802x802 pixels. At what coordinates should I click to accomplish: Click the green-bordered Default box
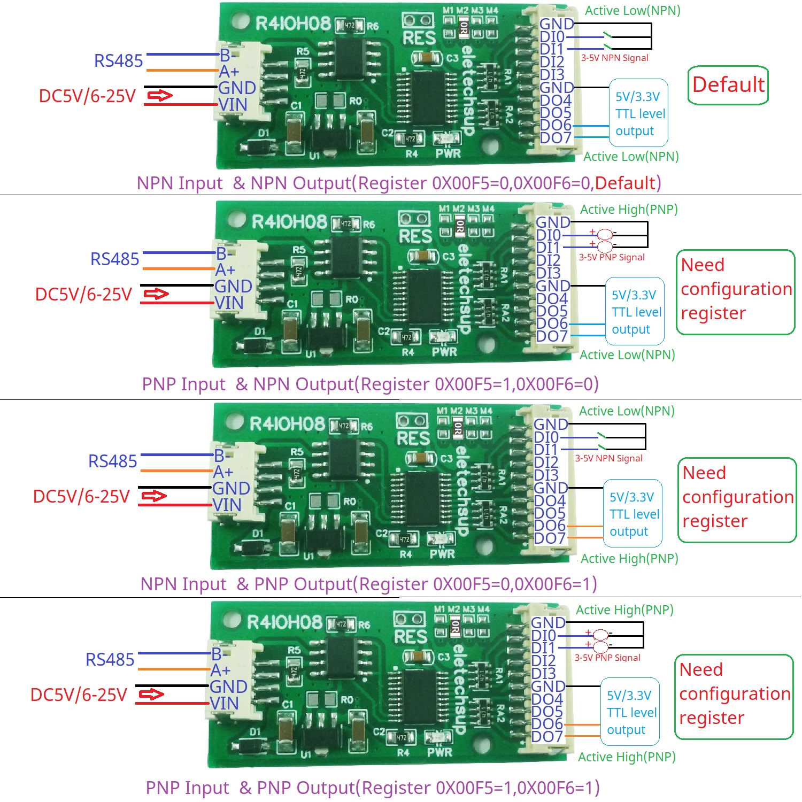click(728, 85)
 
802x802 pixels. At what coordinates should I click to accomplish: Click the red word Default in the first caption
click(625, 183)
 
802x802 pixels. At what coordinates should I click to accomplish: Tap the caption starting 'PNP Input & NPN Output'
click(370, 384)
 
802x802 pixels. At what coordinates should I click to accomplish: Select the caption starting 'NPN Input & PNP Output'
click(368, 584)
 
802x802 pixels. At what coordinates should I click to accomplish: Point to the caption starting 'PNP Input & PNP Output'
click(373, 788)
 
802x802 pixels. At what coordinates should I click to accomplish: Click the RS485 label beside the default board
click(118, 61)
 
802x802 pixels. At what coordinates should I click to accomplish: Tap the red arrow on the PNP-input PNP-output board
click(151, 695)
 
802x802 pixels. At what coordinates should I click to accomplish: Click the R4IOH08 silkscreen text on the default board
click(293, 24)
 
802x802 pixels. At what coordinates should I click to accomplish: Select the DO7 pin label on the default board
click(556, 138)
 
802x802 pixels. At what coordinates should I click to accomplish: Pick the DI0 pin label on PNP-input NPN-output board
click(549, 235)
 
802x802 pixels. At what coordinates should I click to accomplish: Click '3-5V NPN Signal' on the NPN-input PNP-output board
click(608, 458)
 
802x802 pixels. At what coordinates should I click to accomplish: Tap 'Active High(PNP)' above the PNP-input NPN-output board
click(629, 210)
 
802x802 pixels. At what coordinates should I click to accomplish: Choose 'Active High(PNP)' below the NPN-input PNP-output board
click(629, 559)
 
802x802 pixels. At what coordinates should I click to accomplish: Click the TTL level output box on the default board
click(639, 113)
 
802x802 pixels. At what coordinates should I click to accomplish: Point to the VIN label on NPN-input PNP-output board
click(227, 505)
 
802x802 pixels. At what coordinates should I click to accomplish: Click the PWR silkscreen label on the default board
click(448, 154)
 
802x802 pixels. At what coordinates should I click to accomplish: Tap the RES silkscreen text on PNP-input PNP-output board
click(411, 637)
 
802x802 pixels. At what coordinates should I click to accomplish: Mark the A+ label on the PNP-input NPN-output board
click(225, 271)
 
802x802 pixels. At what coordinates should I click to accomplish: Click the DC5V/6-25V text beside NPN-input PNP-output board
click(81, 497)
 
